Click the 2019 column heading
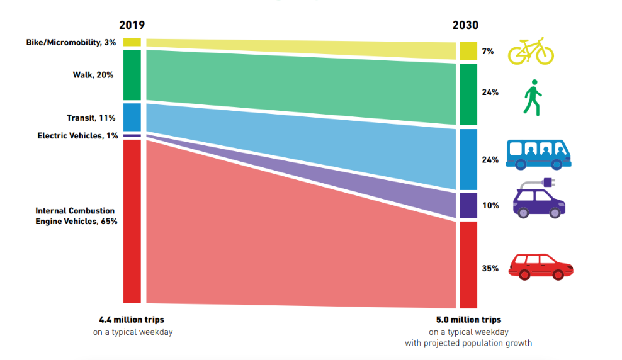pyautogui.click(x=132, y=25)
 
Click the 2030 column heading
pyautogui.click(x=465, y=25)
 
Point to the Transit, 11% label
pyautogui.click(x=92, y=118)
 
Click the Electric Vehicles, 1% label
pyautogui.click(x=77, y=135)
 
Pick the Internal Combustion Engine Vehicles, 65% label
pyautogui.click(x=76, y=216)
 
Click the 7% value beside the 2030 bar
pyautogui.click(x=488, y=51)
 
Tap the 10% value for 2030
pyautogui.click(x=490, y=205)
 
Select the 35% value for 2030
pyautogui.click(x=490, y=268)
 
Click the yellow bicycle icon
pyautogui.click(x=531, y=50)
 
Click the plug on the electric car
pyautogui.click(x=548, y=183)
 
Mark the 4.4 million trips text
pyautogui.click(x=132, y=320)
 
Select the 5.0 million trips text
pyautogui.click(x=468, y=320)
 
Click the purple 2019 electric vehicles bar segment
pyautogui.click(x=132, y=135)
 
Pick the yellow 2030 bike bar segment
pyautogui.click(x=468, y=51)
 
